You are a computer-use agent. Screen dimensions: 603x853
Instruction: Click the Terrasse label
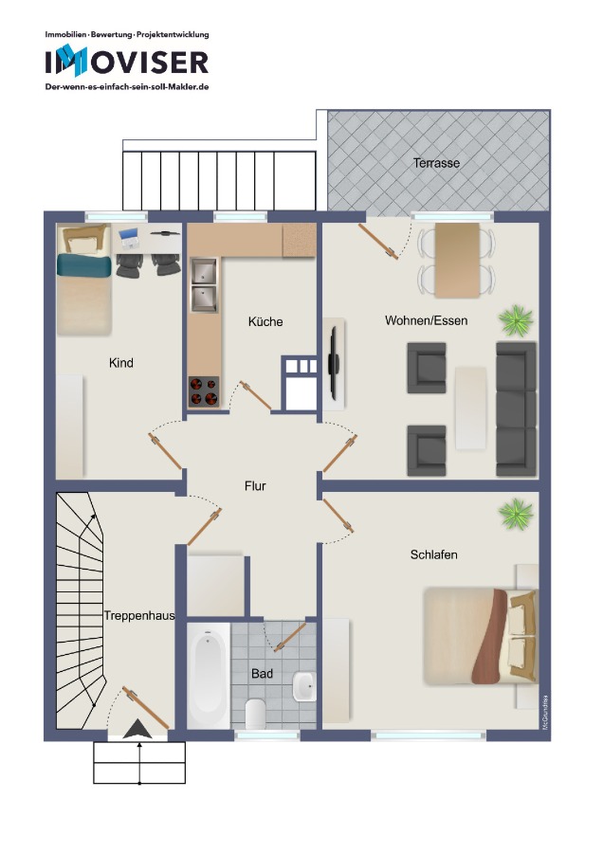(x=436, y=163)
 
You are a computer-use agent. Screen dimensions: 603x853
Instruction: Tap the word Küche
(x=265, y=321)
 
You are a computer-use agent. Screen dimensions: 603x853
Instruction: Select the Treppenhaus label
(x=139, y=615)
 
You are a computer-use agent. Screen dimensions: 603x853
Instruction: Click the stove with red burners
(x=204, y=391)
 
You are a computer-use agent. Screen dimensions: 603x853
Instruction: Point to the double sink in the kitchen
(x=204, y=285)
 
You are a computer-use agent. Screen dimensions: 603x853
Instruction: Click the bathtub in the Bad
(x=209, y=676)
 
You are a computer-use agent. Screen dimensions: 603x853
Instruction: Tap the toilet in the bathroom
(x=255, y=714)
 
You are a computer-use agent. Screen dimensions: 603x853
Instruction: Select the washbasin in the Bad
(x=304, y=686)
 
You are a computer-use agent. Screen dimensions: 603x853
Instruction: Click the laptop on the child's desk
(x=129, y=237)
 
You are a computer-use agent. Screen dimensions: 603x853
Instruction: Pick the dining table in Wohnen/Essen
(x=457, y=261)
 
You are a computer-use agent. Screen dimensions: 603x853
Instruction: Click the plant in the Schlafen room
(x=516, y=514)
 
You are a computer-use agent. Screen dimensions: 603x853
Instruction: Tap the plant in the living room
(x=516, y=320)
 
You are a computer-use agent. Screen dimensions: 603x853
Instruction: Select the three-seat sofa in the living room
(x=516, y=408)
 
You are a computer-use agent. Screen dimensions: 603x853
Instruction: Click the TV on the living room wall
(x=334, y=357)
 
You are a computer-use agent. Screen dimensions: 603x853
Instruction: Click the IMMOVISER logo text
(x=127, y=62)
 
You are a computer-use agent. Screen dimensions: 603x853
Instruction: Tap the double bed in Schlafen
(x=480, y=636)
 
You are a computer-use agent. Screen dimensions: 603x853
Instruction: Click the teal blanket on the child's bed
(x=84, y=266)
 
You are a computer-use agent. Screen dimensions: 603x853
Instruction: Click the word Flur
(x=255, y=486)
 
